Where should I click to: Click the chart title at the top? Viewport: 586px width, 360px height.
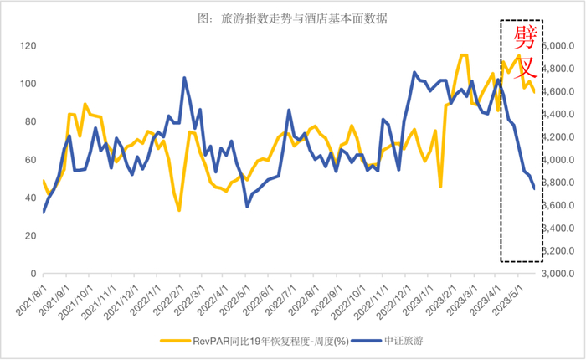coord(285,18)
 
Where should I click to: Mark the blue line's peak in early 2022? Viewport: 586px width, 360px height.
coord(184,78)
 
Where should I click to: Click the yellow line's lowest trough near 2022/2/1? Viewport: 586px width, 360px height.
coord(179,210)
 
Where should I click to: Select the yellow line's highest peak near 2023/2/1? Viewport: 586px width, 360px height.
coord(463,55)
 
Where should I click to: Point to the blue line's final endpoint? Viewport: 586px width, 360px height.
coord(534,188)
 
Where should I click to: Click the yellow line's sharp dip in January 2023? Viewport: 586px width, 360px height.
coord(440,186)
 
